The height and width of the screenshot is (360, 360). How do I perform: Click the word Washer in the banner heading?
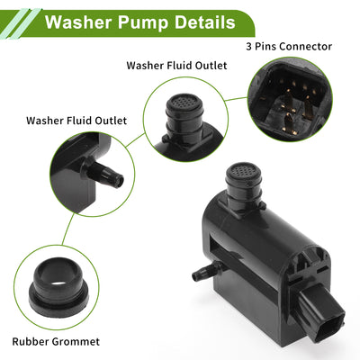[78, 22]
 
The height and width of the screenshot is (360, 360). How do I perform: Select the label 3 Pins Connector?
[289, 47]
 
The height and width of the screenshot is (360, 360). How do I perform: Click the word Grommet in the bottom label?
[76, 341]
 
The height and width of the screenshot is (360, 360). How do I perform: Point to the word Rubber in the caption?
[31, 341]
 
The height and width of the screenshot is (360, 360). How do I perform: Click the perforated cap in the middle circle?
[184, 104]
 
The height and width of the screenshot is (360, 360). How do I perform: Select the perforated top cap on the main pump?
[243, 173]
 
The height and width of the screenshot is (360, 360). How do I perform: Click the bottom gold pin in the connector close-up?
[289, 122]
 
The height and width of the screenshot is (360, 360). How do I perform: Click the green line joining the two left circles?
[68, 229]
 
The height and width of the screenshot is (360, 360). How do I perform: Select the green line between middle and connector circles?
[237, 99]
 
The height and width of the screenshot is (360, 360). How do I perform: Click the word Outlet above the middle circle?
[211, 65]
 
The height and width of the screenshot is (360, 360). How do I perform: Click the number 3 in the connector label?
[248, 47]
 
